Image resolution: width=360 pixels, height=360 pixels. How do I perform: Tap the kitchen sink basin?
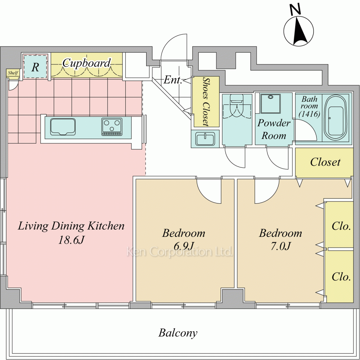point(63,127)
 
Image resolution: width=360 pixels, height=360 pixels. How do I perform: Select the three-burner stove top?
point(112,127)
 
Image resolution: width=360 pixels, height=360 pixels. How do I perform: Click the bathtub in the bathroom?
point(336,118)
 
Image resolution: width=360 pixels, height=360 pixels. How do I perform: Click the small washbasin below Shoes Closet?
point(205,139)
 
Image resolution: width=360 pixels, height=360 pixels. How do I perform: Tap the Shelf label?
point(13,73)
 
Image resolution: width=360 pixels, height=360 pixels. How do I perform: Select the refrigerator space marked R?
point(35,67)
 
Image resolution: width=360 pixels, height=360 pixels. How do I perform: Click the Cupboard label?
point(86,63)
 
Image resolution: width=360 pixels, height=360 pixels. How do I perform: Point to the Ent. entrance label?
point(173,80)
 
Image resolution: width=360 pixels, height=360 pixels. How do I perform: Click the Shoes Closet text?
point(206,102)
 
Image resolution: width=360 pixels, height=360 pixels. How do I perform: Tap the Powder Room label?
point(274,129)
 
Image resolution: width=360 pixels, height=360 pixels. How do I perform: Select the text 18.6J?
point(72,240)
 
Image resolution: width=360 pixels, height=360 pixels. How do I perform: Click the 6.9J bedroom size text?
point(183,246)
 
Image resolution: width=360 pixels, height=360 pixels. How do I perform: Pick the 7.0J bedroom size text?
point(280,246)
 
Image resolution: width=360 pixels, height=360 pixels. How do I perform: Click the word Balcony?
point(178,333)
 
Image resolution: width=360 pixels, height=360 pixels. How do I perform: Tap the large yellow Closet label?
point(325,162)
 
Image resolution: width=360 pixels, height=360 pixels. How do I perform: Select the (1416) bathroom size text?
point(310,114)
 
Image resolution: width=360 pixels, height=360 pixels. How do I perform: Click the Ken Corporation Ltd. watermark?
point(180,252)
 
